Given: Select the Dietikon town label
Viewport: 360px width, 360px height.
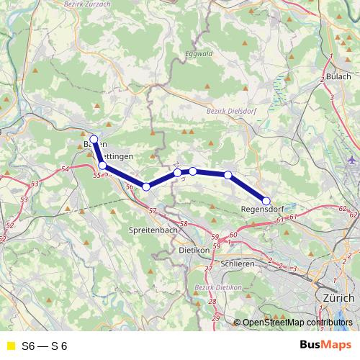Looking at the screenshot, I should [x=192, y=250].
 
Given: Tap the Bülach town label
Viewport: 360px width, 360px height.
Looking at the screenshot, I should [x=338, y=76].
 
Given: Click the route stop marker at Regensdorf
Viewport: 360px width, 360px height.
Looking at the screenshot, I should [x=266, y=201].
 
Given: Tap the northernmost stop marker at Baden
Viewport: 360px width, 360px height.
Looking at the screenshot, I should [x=94, y=139].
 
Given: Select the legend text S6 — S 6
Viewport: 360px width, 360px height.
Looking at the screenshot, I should [x=45, y=345].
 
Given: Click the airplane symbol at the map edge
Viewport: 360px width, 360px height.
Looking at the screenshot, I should [x=351, y=159].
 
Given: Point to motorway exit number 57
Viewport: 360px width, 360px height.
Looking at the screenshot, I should [x=152, y=210].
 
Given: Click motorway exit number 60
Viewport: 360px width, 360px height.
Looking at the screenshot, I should [x=233, y=235].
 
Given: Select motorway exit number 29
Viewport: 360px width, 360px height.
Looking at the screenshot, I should [x=214, y=317].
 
